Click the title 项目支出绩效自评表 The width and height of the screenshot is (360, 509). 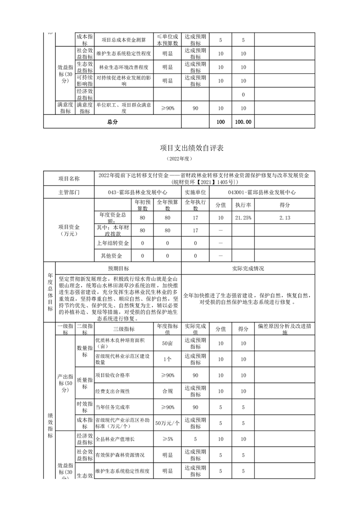(x=180, y=148)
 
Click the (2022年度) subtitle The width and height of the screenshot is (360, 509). (x=180, y=159)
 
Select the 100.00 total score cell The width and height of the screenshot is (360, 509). (x=243, y=122)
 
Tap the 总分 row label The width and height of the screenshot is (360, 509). (x=112, y=122)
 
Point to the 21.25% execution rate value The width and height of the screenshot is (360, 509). (x=243, y=218)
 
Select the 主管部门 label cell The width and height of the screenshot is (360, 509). (x=69, y=192)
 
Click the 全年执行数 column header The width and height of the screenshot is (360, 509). (x=195, y=206)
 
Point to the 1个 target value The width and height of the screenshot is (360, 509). (x=167, y=359)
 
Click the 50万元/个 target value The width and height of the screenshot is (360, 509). (x=167, y=423)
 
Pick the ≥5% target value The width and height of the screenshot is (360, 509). (x=167, y=439)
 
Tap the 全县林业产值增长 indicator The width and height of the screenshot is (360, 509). (x=115, y=439)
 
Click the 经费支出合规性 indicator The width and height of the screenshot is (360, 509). (x=113, y=391)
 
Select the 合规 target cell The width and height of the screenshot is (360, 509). (x=167, y=391)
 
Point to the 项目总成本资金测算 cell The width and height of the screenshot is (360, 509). (x=123, y=40)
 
